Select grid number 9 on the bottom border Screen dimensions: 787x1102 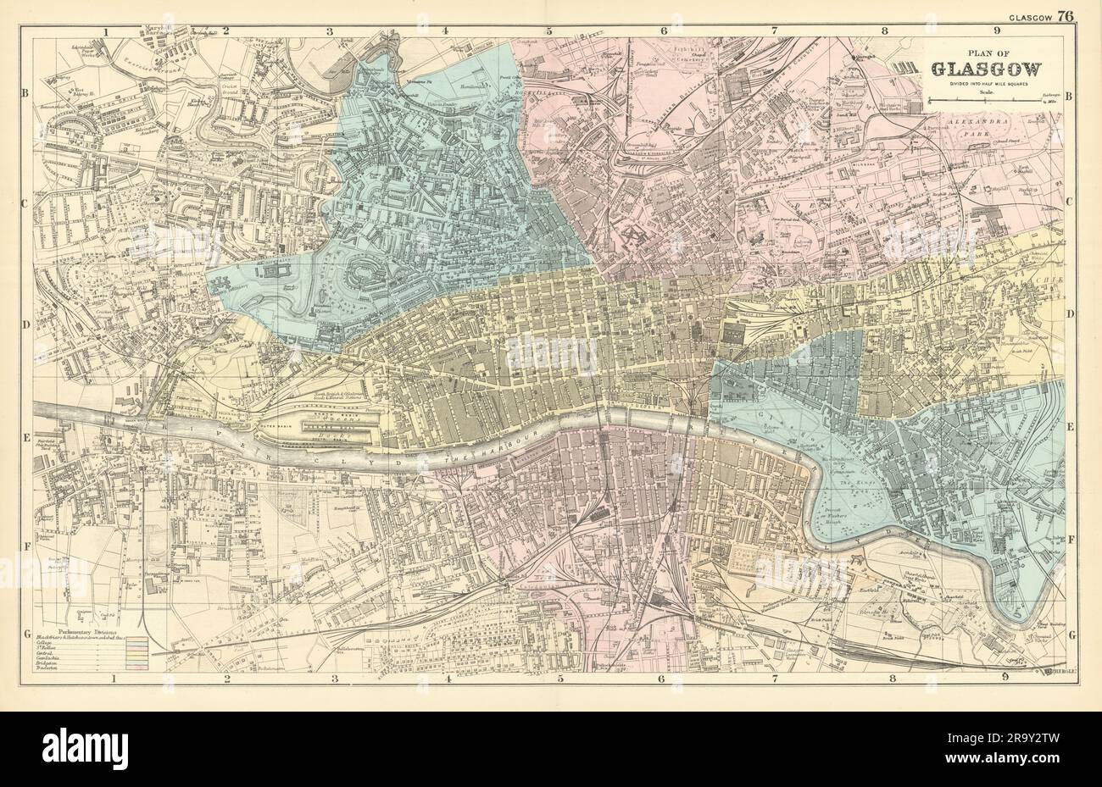1005,676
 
